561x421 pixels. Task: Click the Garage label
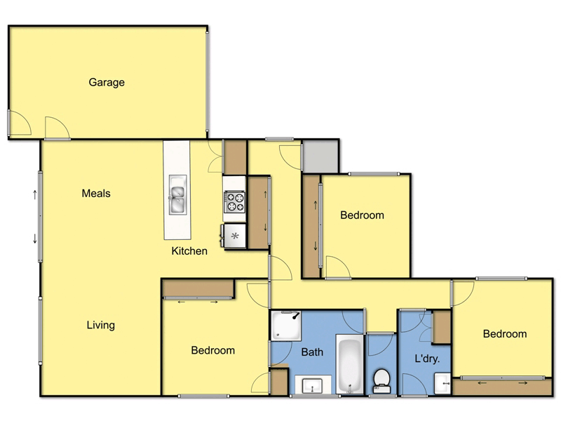(107, 82)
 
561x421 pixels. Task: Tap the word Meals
(96, 194)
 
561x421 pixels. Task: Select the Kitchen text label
(189, 250)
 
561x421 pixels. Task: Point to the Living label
(100, 325)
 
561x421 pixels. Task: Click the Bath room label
(312, 352)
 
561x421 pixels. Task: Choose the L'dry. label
(426, 359)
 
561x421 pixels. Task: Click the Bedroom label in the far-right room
(504, 334)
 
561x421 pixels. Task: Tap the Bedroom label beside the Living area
(212, 350)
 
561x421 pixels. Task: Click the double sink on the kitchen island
(177, 195)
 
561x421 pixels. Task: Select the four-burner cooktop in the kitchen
(234, 203)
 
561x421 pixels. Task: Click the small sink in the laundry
(442, 384)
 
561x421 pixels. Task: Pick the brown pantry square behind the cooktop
(235, 157)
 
